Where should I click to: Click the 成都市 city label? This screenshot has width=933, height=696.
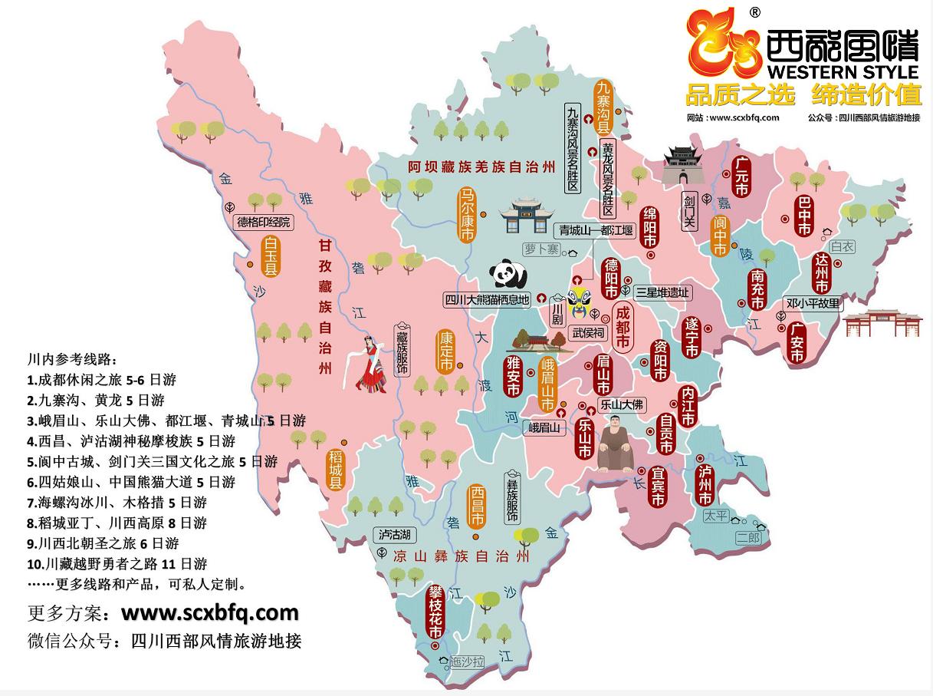623,328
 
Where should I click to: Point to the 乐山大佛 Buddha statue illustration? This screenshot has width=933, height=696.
615,446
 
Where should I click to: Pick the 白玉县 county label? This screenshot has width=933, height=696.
270,256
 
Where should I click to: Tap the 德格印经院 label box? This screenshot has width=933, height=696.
264,223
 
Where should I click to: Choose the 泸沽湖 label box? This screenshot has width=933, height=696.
394,534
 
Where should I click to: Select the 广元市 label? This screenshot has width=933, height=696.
740,179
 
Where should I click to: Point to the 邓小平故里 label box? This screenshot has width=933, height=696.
813,303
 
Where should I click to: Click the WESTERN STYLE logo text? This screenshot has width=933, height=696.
842,71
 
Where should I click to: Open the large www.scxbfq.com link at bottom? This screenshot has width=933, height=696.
209,612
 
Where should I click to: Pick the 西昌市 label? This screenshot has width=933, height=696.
477,507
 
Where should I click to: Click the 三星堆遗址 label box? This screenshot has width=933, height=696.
663,292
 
